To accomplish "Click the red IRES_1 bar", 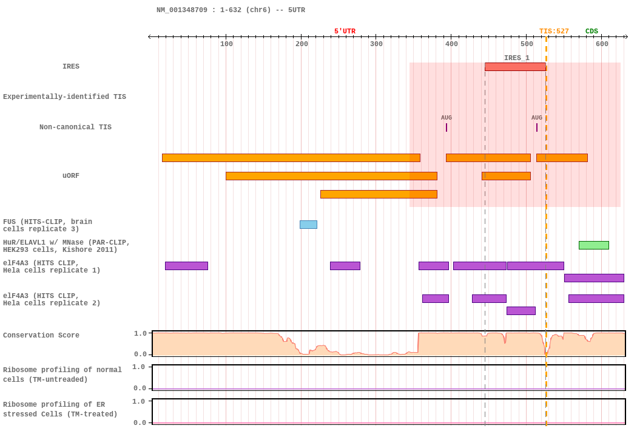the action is tap(515, 67).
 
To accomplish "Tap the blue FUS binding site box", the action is tap(308, 225).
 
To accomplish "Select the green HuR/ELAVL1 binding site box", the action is tap(593, 245).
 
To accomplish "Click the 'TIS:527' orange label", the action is tap(554, 32).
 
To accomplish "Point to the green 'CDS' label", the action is tap(591, 32).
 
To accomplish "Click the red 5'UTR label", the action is tap(345, 32).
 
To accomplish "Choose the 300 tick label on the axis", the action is tap(376, 44).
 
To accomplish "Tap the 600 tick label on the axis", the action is tap(602, 44).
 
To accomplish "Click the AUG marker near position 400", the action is tap(447, 127).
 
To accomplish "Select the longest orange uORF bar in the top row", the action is tap(291, 158).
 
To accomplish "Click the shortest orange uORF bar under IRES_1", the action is tap(506, 176).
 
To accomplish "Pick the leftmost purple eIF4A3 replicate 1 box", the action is tap(186, 266).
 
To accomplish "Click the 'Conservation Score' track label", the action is tap(41, 335).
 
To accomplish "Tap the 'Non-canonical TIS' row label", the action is tap(75, 127).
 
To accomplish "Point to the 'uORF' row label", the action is tap(71, 175).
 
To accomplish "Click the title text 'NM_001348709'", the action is tap(181, 10).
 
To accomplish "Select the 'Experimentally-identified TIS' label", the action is tap(64, 97).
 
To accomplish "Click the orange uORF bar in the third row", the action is tap(379, 194).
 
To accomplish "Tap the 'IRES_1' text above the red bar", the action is tap(517, 58).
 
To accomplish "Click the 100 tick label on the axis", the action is tap(226, 44).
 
